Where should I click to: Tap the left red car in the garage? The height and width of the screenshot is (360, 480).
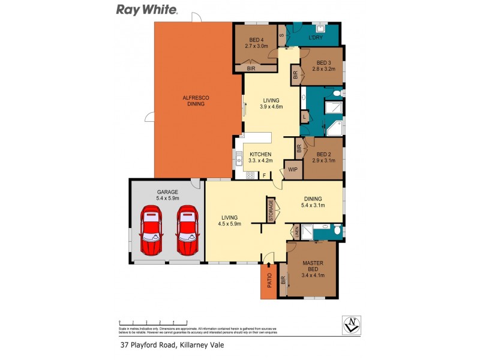pos(151,230)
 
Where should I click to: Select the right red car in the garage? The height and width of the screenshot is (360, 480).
pos(187,230)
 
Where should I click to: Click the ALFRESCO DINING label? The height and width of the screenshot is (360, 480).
pos(196,100)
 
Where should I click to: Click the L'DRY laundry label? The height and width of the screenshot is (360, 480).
pos(316,38)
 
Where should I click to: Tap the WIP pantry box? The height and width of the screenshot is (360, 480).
pos(293,170)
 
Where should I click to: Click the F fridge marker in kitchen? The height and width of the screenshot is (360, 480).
pos(265,175)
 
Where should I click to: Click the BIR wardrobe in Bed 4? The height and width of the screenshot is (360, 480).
pos(254,69)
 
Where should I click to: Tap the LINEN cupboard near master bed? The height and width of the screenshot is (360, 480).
pos(295,231)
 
